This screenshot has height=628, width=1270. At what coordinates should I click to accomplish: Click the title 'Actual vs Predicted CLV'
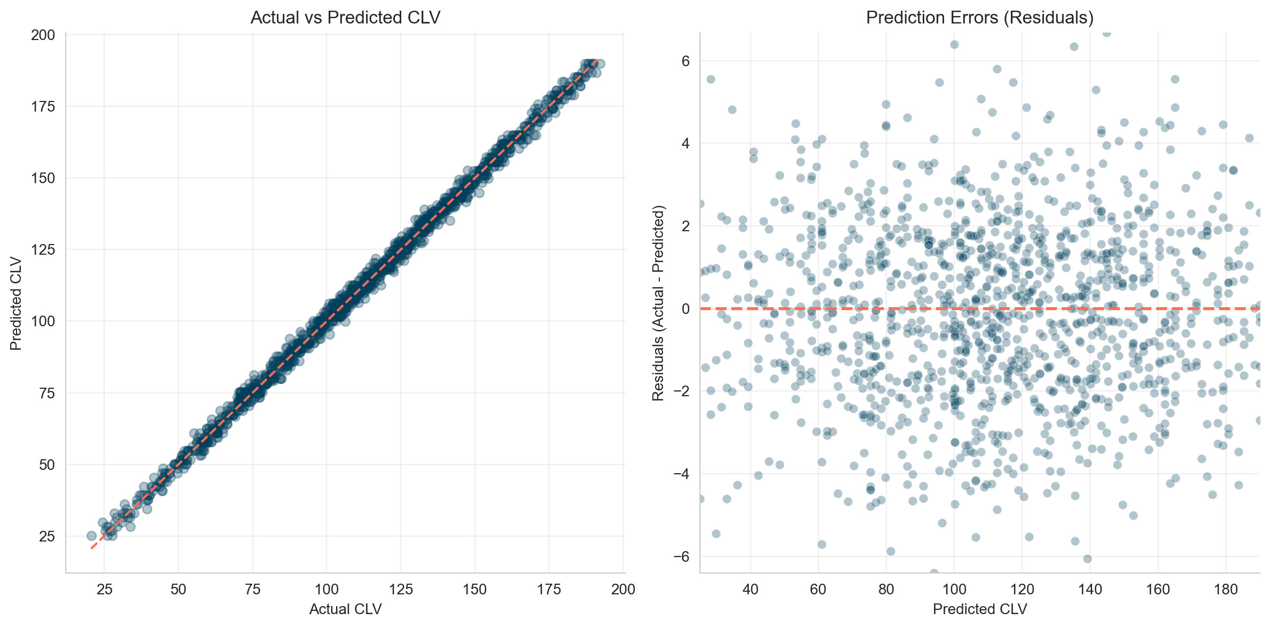pyautogui.click(x=345, y=18)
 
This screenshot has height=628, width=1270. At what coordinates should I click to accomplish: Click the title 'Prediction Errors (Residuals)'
pyautogui.click(x=979, y=18)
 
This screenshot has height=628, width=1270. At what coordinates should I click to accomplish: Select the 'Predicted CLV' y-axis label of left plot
pyautogui.click(x=16, y=303)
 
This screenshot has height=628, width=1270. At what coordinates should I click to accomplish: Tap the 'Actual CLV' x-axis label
pyautogui.click(x=345, y=609)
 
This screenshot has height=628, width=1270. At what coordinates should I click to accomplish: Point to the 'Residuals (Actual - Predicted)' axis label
pyautogui.click(x=658, y=303)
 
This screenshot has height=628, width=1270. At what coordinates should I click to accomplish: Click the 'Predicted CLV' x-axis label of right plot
pyautogui.click(x=979, y=609)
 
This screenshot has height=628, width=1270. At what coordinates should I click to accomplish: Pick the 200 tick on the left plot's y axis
pyautogui.click(x=43, y=35)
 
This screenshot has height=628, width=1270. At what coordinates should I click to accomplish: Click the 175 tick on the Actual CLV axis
pyautogui.click(x=549, y=590)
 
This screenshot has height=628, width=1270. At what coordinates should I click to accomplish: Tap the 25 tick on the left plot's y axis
pyautogui.click(x=46, y=536)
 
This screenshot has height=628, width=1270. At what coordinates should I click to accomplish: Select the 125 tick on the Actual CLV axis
pyautogui.click(x=401, y=590)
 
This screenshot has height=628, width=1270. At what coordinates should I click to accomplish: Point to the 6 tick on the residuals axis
pyautogui.click(x=685, y=61)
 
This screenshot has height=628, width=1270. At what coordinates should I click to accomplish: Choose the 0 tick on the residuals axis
pyautogui.click(x=685, y=309)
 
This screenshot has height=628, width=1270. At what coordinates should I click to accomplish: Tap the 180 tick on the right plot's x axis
pyautogui.click(x=1226, y=590)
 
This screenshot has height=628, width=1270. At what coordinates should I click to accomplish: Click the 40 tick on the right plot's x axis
pyautogui.click(x=750, y=590)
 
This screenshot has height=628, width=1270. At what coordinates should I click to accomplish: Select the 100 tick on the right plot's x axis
pyautogui.click(x=954, y=590)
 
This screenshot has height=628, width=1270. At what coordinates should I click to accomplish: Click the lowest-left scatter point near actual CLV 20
pyautogui.click(x=91, y=536)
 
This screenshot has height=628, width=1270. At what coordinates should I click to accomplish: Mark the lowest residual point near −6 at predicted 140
pyautogui.click(x=1087, y=559)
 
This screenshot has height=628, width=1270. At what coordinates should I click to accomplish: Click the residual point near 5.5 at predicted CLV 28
pyautogui.click(x=711, y=79)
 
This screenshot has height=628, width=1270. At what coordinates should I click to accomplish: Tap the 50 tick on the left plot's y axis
pyautogui.click(x=46, y=465)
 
